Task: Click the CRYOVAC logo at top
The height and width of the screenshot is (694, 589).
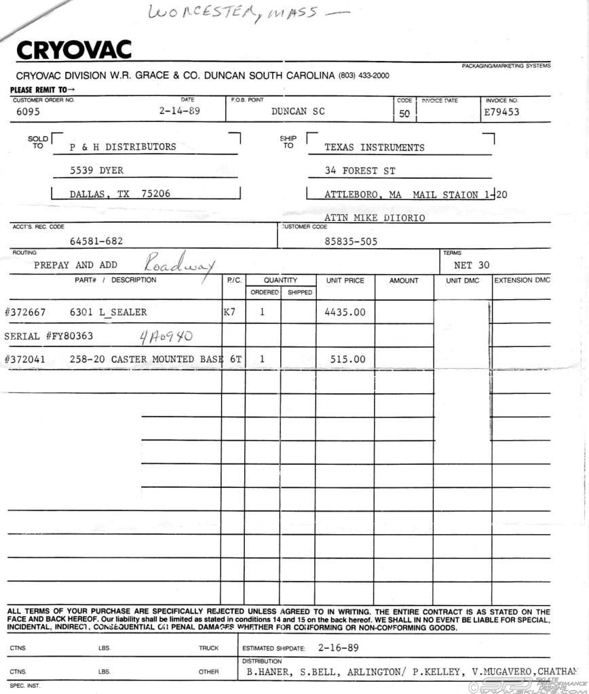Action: (x=73, y=50)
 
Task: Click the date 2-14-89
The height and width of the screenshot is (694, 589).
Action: (x=179, y=111)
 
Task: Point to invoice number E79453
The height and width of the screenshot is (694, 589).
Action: (x=501, y=112)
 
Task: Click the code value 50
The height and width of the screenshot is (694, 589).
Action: (x=404, y=114)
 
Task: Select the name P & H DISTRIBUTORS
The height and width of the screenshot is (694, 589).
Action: (x=123, y=146)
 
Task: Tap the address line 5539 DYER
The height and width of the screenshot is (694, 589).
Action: (x=96, y=170)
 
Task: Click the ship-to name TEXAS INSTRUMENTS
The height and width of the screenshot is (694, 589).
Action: (x=375, y=147)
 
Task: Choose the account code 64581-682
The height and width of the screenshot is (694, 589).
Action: (x=96, y=241)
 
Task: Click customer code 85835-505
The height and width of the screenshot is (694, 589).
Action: (x=351, y=241)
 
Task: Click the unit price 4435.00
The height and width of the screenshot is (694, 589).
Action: (x=345, y=312)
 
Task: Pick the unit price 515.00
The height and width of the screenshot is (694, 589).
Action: (x=347, y=359)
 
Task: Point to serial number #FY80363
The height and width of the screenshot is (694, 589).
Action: (x=49, y=336)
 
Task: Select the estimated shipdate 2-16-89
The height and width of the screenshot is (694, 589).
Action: (x=338, y=647)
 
